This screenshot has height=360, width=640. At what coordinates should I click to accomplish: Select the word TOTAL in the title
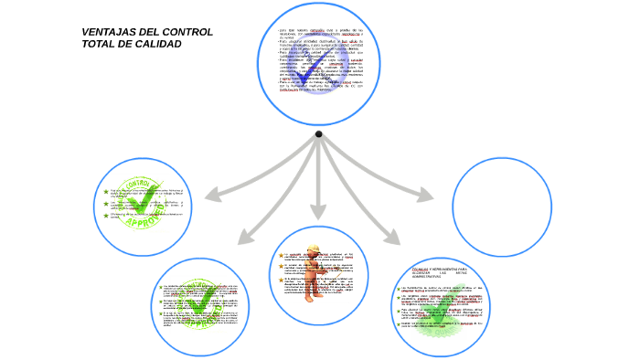(98, 44)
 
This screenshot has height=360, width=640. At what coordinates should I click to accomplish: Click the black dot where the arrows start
(318, 134)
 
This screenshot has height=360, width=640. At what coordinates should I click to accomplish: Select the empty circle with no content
(501, 206)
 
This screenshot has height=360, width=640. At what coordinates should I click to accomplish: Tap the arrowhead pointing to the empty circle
(427, 195)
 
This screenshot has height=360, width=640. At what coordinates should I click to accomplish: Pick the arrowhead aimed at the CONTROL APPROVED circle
(211, 195)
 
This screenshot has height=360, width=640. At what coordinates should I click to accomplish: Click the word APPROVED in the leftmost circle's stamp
(144, 222)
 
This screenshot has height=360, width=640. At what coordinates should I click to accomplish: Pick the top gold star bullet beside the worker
(282, 256)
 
